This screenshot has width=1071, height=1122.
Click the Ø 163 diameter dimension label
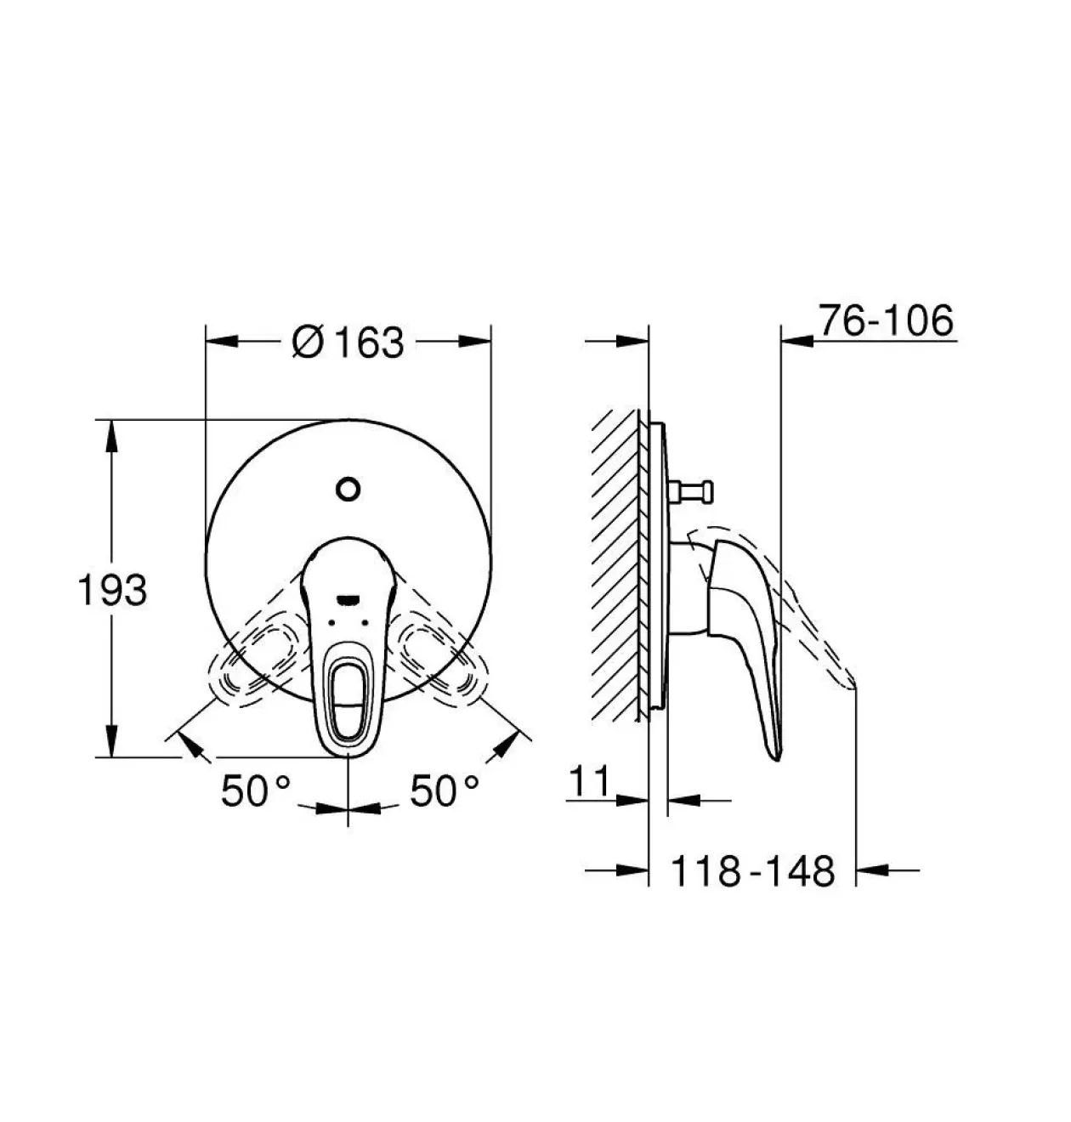pos(348,343)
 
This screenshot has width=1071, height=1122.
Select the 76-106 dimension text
pos(886,320)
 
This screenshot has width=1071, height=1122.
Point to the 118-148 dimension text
pos(753,871)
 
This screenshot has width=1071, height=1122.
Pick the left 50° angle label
pos(255,791)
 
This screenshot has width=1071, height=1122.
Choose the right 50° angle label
pos(445,791)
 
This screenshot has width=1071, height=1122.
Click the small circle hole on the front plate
pos(348,489)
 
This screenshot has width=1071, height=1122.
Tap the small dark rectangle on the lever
pos(348,600)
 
